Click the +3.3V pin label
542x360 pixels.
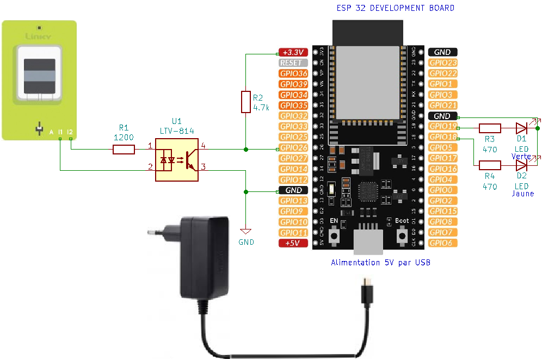pyautogui.click(x=293, y=52)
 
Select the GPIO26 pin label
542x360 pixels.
pyautogui.click(x=293, y=148)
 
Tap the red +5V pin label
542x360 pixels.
pyautogui.click(x=293, y=243)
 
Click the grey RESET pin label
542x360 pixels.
pyautogui.click(x=293, y=63)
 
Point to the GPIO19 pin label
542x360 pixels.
pyautogui.click(x=443, y=127)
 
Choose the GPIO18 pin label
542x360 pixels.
pyautogui.click(x=443, y=137)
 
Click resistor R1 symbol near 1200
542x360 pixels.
pyautogui.click(x=124, y=150)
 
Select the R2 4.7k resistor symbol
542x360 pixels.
pyautogui.click(x=246, y=102)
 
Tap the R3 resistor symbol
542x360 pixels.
pyautogui.click(x=490, y=128)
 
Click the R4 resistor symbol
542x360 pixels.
pyautogui.click(x=490, y=165)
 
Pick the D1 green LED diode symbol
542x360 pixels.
pyautogui.click(x=521, y=128)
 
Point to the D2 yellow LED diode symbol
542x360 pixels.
pyautogui.click(x=521, y=165)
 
